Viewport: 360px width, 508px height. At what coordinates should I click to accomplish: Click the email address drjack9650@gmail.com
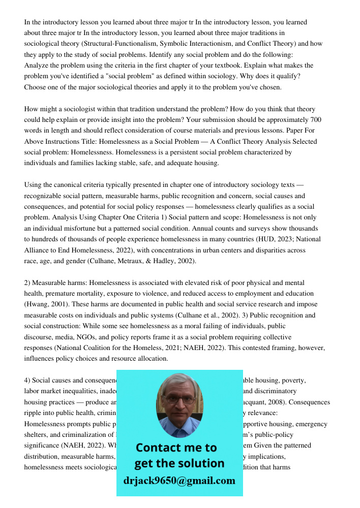pos(179,481)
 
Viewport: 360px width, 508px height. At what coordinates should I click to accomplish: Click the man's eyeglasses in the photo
pos(179,400)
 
